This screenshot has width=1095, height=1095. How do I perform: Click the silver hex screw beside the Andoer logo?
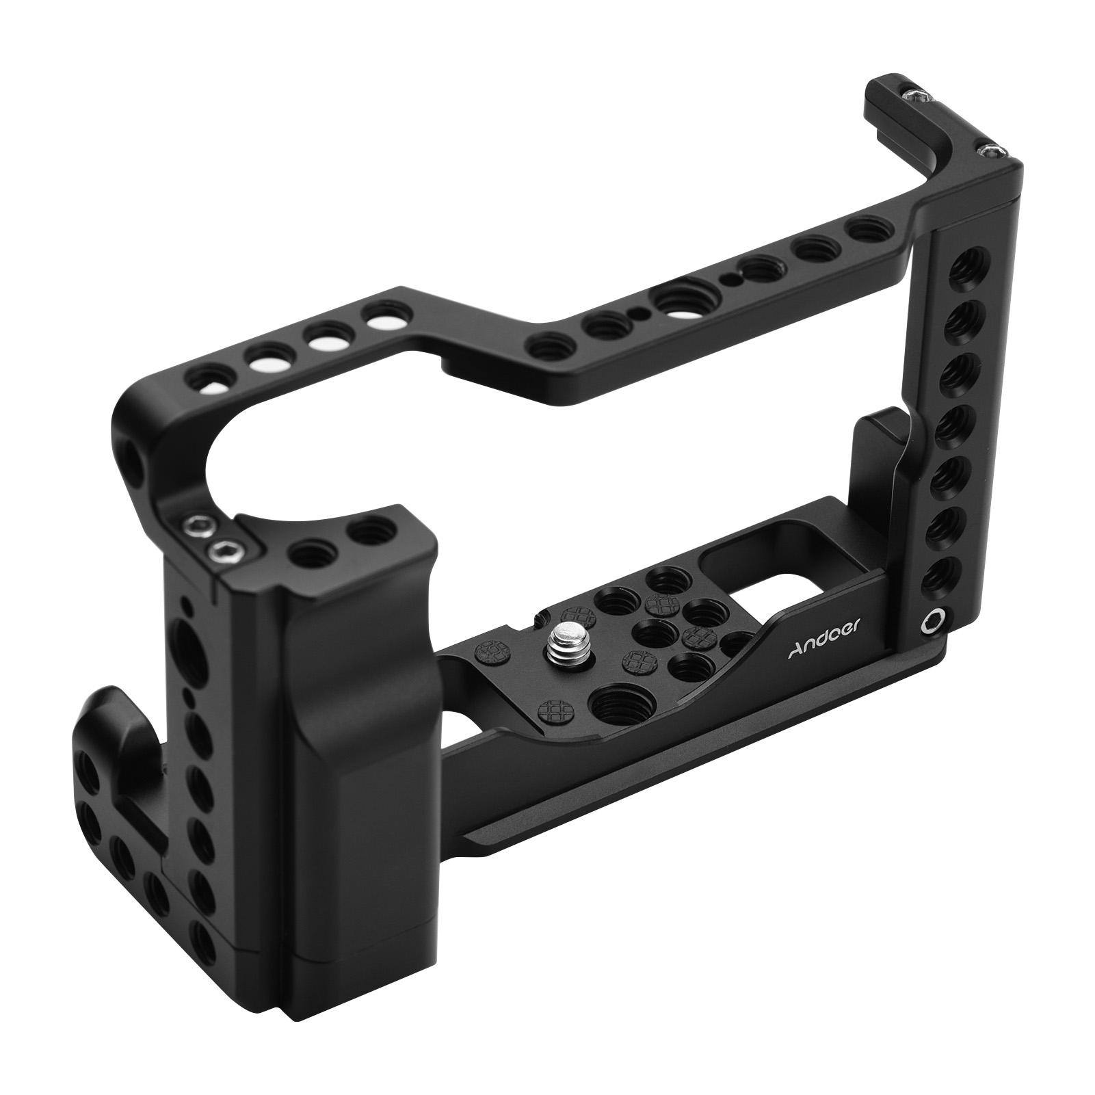click(x=929, y=620)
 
